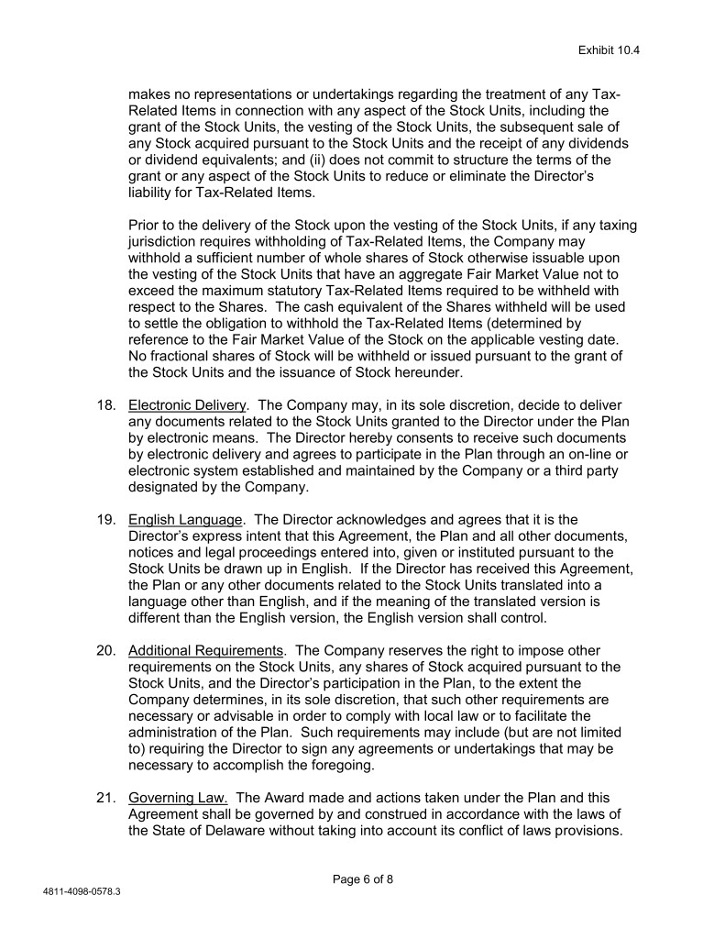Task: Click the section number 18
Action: pyautogui.click(x=106, y=405)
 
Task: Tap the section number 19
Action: pyautogui.click(x=106, y=520)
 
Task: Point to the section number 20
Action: pyautogui.click(x=106, y=651)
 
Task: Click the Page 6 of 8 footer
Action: pyautogui.click(x=362, y=878)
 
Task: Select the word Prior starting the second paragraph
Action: pyautogui.click(x=145, y=226)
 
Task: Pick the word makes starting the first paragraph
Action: pyautogui.click(x=150, y=94)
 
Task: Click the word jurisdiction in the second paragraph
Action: pyautogui.click(x=167, y=242)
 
